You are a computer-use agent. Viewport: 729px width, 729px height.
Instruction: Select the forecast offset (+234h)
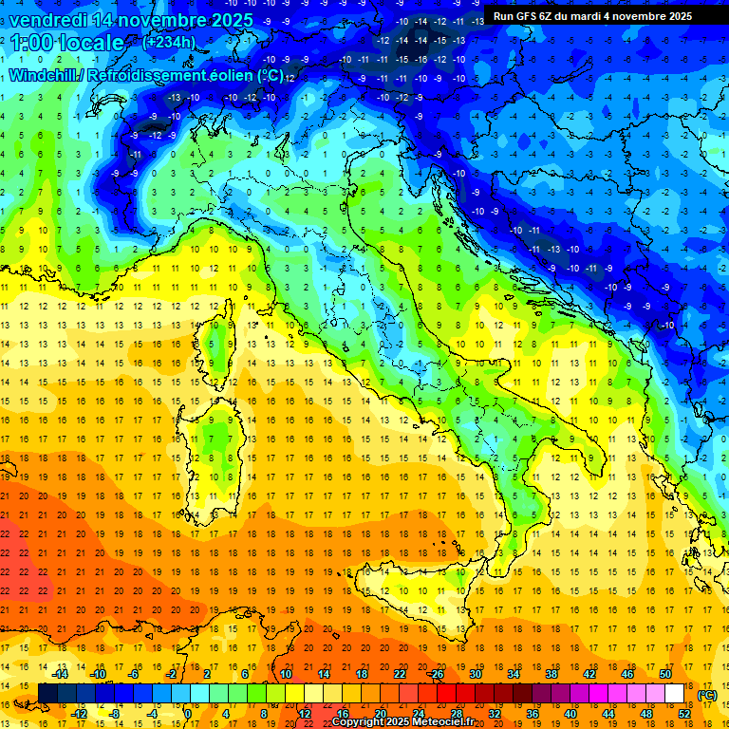[168, 42]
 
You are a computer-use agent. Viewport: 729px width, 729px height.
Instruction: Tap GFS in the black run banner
[524, 16]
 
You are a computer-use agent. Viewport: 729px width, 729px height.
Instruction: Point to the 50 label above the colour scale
[665, 674]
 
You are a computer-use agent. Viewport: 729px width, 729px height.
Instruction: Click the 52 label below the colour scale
[684, 714]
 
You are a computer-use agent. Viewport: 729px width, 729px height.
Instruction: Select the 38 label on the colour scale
[551, 674]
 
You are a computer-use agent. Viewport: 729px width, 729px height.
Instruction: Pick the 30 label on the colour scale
[476, 674]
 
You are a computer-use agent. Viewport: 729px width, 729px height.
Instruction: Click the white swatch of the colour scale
[675, 694]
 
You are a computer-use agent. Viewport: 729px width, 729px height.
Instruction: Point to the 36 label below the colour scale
[533, 714]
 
